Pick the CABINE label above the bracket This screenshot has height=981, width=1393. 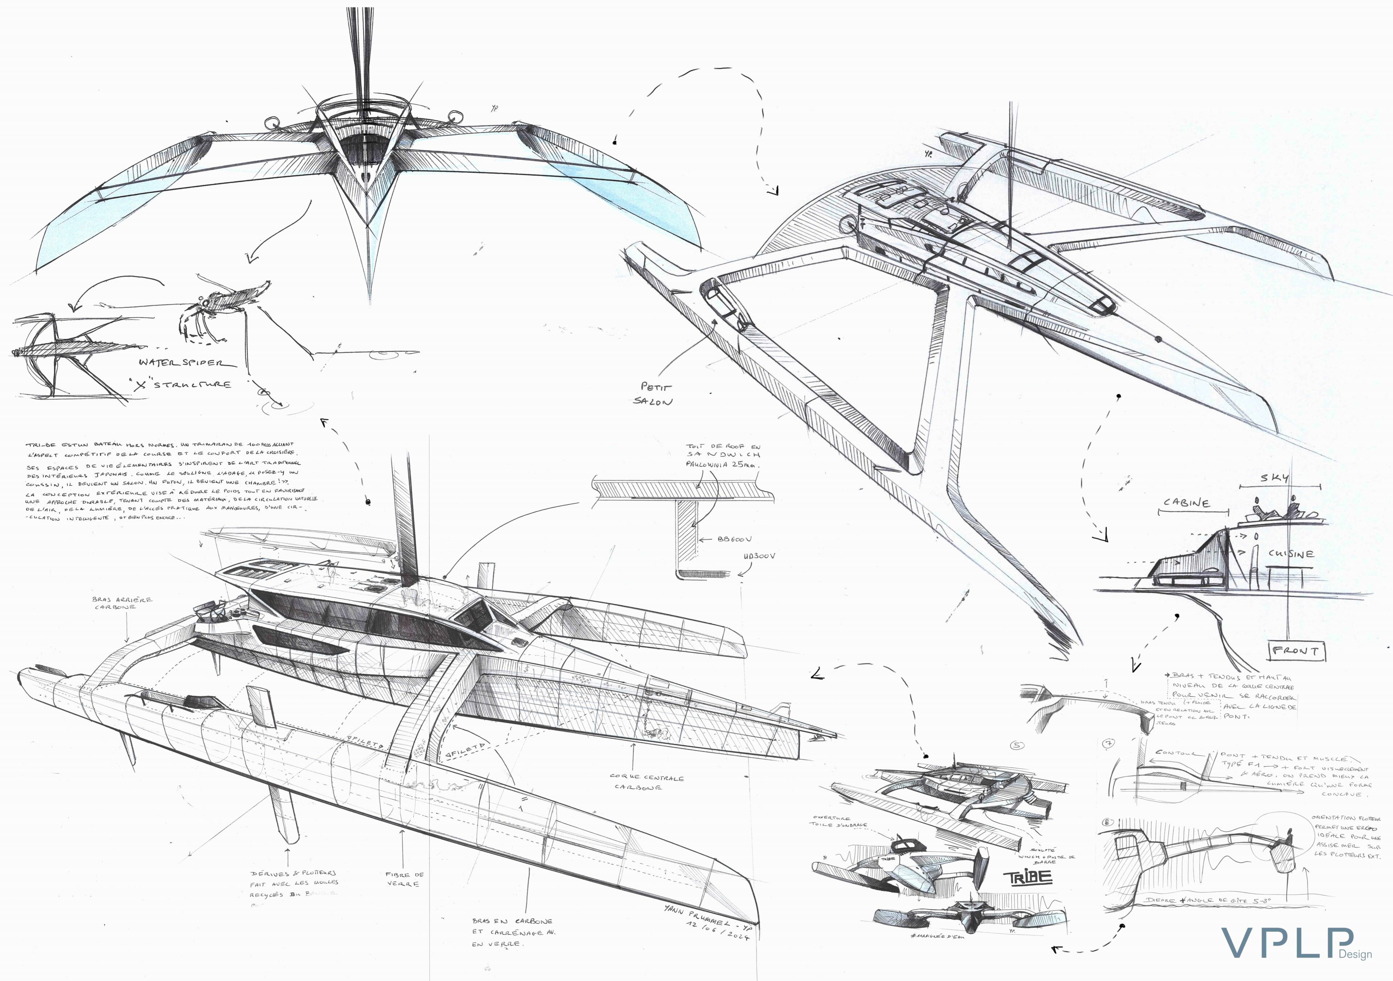click(1186, 503)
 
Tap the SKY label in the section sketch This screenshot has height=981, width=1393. click(1274, 477)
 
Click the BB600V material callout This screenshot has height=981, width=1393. click(734, 539)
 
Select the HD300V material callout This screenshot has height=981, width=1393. click(759, 556)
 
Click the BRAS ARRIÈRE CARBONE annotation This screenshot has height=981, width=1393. click(122, 603)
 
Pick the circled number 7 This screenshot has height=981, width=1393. click(1108, 743)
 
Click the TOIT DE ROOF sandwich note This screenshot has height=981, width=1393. click(723, 455)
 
